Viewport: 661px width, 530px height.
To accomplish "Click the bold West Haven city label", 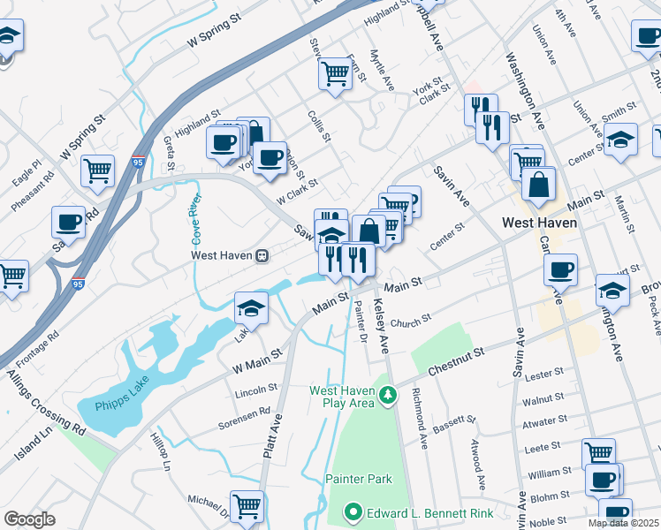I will point(539,223).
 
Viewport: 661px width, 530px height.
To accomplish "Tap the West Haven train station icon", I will point(262,255).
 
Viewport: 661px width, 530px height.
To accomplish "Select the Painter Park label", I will point(359,479).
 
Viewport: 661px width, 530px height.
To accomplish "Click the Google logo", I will point(29,519).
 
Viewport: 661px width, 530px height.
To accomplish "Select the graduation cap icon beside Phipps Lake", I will point(251,308).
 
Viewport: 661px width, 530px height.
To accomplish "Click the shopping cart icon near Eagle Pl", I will point(97,170).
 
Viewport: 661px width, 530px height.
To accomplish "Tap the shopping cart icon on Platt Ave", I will point(247,504).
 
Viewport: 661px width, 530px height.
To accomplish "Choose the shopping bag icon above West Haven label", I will point(538,184).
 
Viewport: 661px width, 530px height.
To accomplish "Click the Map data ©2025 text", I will point(624,523).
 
